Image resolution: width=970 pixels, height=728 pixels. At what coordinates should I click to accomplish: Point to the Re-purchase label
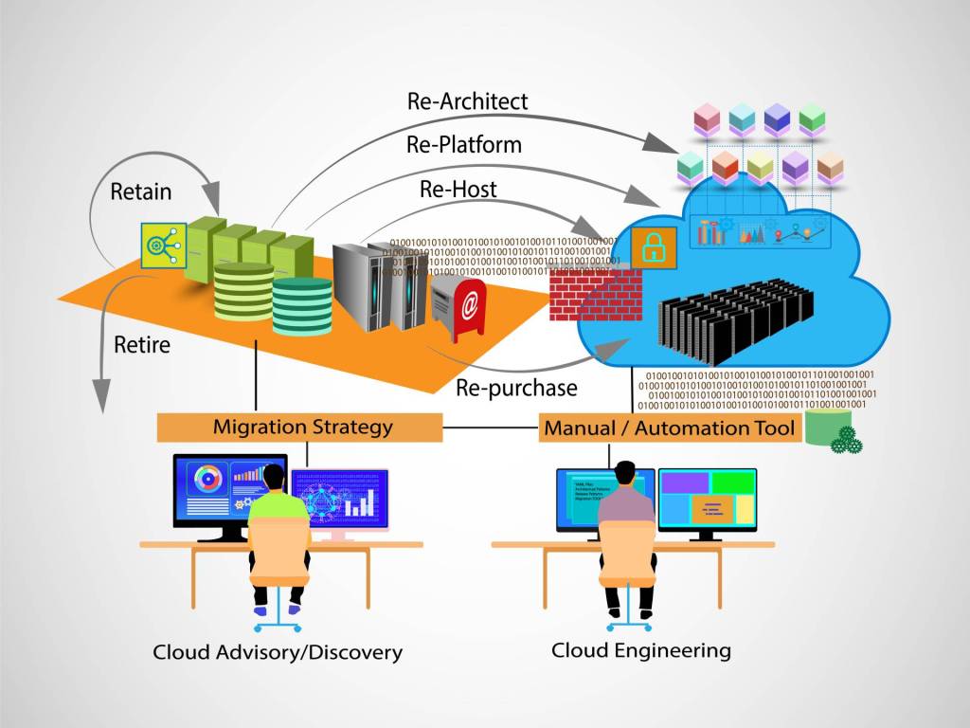coord(516,388)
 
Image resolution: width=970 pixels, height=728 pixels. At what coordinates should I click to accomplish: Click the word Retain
coord(141,191)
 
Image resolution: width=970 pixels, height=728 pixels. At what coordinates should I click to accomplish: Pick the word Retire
coord(142,344)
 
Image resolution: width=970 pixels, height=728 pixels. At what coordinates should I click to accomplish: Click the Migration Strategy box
coord(300,428)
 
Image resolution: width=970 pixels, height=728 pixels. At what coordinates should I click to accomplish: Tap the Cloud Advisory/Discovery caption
coord(278,652)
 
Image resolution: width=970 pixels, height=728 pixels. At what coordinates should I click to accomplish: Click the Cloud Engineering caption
coord(641,650)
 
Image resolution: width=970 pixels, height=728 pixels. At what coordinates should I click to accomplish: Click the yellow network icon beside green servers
coord(162,245)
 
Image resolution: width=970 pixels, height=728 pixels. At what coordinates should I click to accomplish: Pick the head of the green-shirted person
coord(274,477)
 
